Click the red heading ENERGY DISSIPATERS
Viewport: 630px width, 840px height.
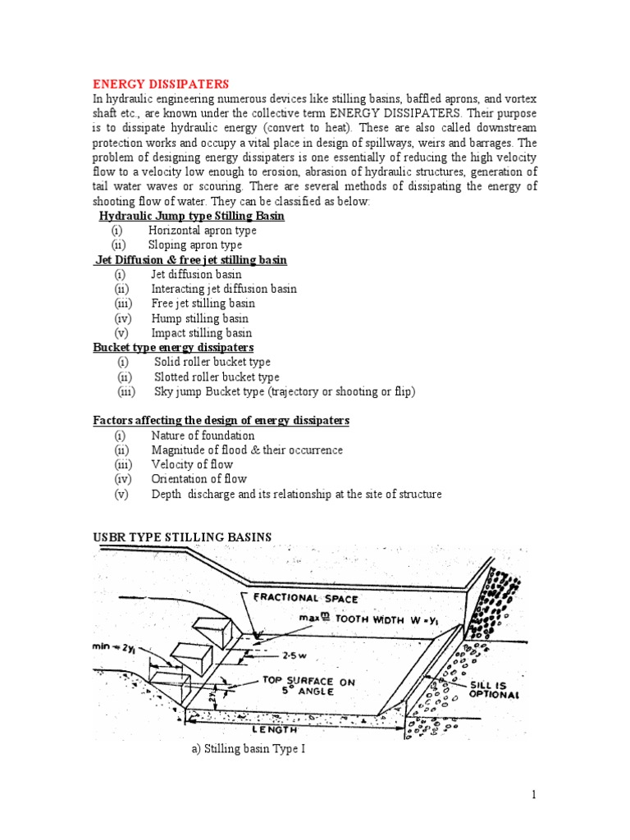[x=161, y=84]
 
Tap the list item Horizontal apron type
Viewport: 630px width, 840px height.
[x=202, y=231]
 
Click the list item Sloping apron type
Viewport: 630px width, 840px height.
[x=194, y=245]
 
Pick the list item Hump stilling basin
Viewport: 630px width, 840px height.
[x=199, y=318]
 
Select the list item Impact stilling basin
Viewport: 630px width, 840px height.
[x=201, y=333]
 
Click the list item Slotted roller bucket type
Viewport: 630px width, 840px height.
[x=217, y=377]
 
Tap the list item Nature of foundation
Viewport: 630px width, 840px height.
[x=203, y=436]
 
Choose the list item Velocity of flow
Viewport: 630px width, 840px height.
[x=192, y=464]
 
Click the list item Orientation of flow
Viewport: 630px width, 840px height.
[x=199, y=479]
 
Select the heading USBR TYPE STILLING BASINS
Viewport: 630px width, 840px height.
[x=181, y=537]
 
